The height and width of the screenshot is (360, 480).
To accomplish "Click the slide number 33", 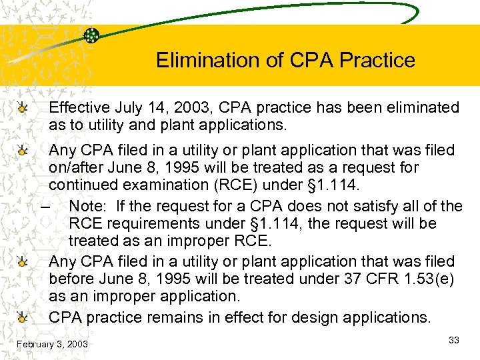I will click(454, 340).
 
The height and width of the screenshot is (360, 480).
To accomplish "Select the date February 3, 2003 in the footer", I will click(53, 344).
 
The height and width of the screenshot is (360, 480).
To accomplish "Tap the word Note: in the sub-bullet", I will click(88, 206).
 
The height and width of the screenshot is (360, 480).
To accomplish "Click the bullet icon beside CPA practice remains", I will click(24, 317).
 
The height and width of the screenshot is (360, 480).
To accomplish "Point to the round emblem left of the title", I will click(92, 35).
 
